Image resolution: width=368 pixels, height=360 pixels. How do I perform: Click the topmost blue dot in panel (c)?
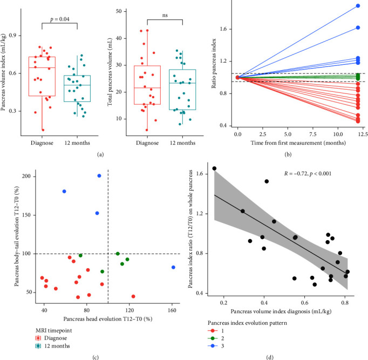pyautogui.click(x=99, y=176)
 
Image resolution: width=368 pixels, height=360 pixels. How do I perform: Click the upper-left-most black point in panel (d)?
pyautogui.click(x=214, y=169)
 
